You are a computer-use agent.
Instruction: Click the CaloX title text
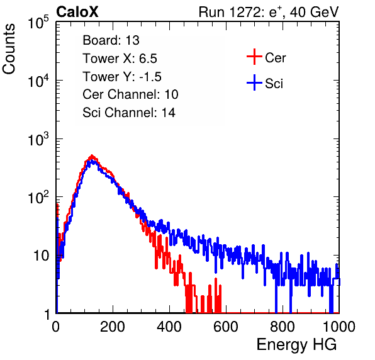click(77, 12)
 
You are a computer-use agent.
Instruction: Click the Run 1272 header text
click(269, 12)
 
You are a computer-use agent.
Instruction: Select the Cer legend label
click(275, 58)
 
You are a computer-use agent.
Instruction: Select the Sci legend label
click(274, 84)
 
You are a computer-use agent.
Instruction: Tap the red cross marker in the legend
click(254, 57)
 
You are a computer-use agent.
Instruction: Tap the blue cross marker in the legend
click(254, 82)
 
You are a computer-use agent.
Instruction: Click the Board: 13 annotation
click(111, 40)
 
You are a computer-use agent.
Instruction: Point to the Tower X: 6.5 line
click(120, 59)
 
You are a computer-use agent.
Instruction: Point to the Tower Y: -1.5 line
click(122, 77)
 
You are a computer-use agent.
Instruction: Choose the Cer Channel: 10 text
click(130, 94)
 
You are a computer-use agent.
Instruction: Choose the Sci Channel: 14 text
click(129, 113)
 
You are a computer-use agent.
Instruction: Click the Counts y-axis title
click(9, 49)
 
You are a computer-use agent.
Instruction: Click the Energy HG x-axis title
click(296, 345)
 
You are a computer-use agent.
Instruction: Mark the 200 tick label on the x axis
click(113, 327)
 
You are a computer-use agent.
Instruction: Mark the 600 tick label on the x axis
click(226, 327)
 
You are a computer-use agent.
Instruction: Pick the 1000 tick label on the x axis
click(339, 327)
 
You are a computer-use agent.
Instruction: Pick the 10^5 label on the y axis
click(38, 22)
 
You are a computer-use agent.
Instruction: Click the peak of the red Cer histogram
click(92, 155)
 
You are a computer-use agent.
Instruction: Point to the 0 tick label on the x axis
click(56, 327)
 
